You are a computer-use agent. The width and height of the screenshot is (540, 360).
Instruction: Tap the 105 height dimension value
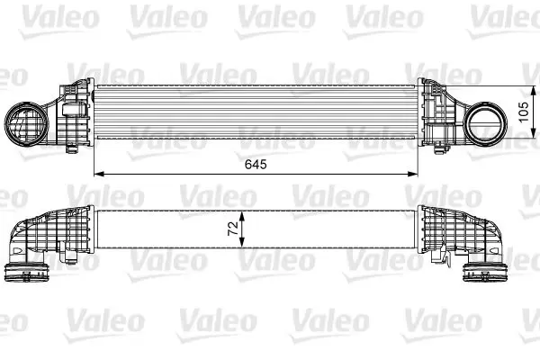[523, 112]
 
